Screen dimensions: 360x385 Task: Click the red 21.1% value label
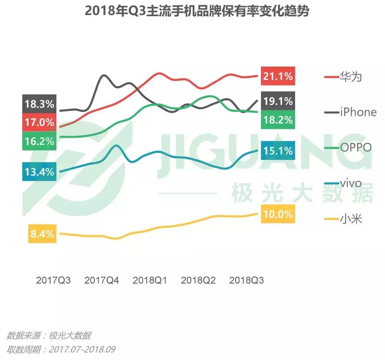point(278,76)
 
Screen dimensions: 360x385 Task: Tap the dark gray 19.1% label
point(278,101)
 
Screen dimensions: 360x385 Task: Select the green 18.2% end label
point(278,120)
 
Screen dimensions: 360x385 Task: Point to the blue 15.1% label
point(278,151)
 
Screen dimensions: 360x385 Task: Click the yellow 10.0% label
point(278,214)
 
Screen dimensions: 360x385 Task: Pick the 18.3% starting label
point(39,104)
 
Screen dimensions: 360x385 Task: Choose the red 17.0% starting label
point(39,122)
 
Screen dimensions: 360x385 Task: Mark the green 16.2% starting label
point(39,141)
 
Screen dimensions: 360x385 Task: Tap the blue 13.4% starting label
point(39,172)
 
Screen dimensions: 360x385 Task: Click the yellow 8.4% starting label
point(42,234)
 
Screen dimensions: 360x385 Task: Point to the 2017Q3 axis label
point(53,281)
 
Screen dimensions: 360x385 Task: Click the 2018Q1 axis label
point(150,281)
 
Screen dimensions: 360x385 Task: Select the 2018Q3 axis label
point(246,281)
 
